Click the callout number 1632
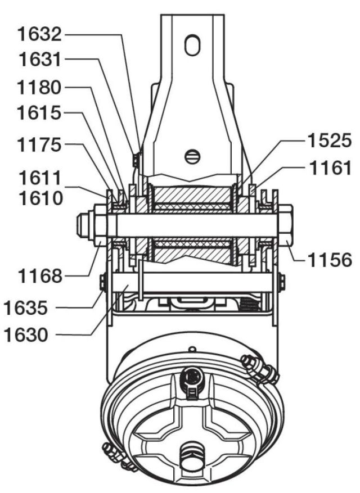coord(38,35)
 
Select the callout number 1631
coord(38,60)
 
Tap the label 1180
coord(38,88)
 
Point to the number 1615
coord(38,114)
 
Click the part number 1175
coord(38,146)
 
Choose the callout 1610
coord(38,198)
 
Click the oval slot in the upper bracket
coord(192,44)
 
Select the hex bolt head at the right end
coord(285,225)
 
